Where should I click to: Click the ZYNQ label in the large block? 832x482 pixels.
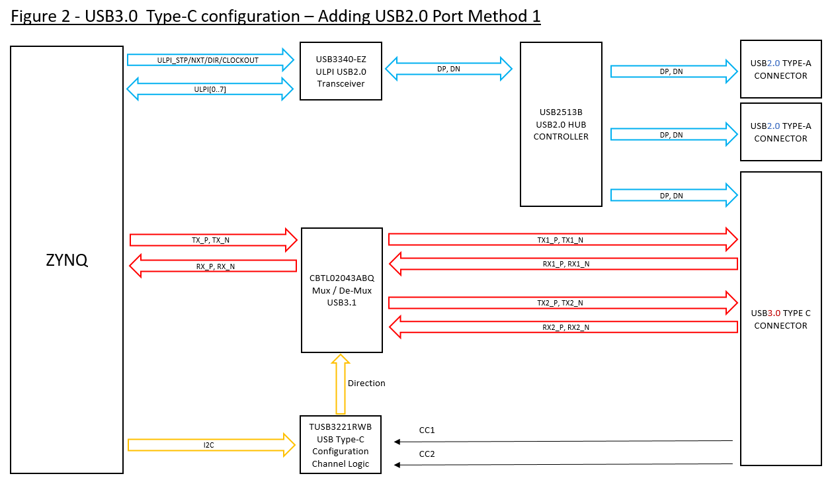click(67, 260)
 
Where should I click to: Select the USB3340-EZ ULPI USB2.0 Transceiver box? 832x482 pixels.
click(341, 71)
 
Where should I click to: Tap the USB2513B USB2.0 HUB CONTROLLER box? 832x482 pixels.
click(561, 124)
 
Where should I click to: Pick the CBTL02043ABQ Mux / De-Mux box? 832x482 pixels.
click(341, 290)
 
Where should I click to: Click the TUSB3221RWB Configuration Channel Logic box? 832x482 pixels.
click(341, 445)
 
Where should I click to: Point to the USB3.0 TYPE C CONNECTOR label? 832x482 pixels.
click(780, 319)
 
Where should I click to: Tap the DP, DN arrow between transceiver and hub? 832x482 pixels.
click(449, 68)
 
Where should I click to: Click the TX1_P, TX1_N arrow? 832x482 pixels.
click(562, 239)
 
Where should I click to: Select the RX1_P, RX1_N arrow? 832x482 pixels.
click(562, 264)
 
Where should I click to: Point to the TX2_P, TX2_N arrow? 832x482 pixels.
click(562, 302)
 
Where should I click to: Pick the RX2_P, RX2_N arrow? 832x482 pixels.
click(562, 327)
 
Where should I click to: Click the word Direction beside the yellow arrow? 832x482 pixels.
click(366, 383)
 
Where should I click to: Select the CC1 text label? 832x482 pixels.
click(427, 430)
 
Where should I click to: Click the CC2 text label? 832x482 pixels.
click(427, 454)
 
